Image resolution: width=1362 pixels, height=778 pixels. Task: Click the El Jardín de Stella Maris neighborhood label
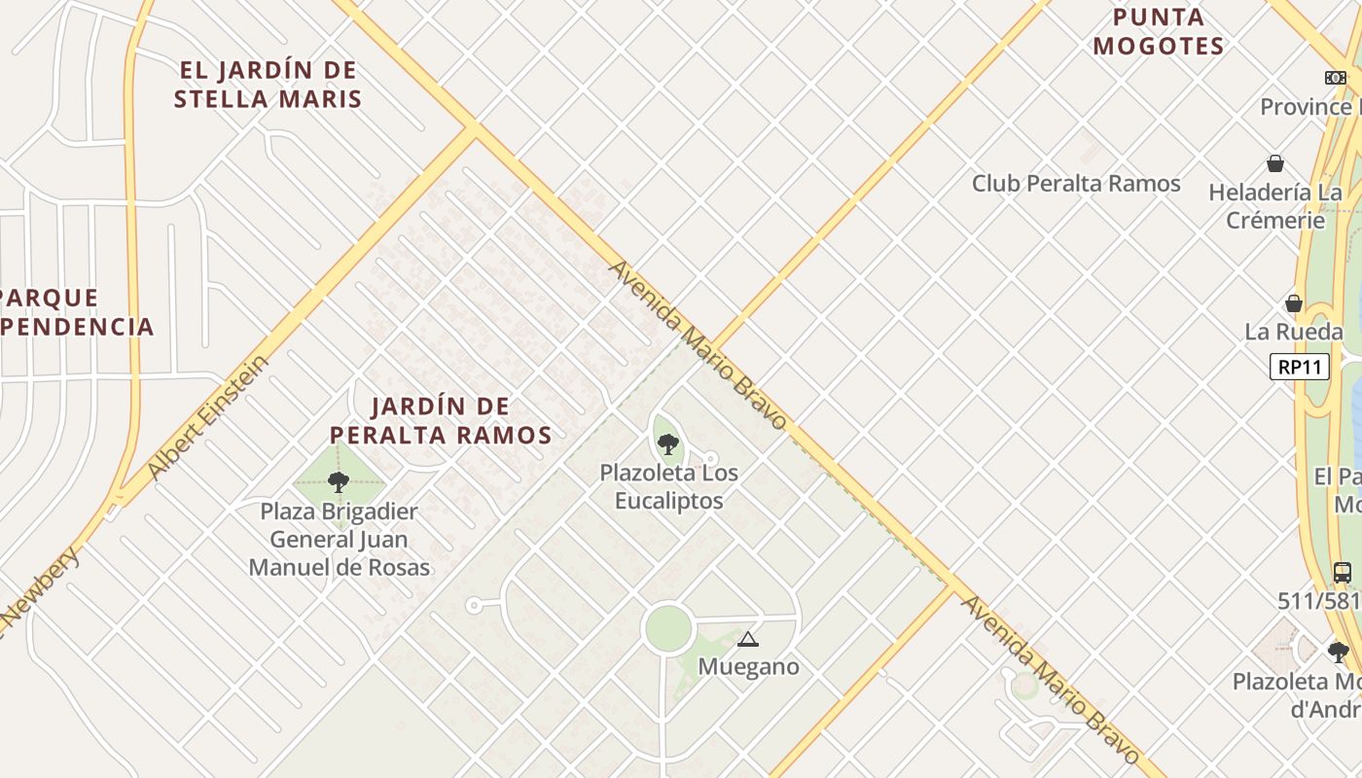(x=267, y=85)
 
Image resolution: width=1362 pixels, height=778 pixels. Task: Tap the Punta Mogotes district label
(x=1158, y=31)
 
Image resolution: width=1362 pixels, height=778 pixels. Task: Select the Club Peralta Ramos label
(x=1076, y=183)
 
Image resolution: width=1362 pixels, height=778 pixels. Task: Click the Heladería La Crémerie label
(x=1275, y=206)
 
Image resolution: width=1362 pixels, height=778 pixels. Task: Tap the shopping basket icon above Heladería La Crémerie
(x=1274, y=163)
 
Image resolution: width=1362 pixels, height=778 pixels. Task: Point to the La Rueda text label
(x=1293, y=332)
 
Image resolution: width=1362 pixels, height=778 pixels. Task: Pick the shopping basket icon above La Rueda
(x=1294, y=303)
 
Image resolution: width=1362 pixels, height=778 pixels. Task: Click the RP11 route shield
(x=1299, y=367)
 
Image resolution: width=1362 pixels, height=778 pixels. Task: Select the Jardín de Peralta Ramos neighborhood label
(x=441, y=420)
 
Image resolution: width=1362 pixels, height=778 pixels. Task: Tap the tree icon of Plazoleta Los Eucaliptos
(x=667, y=444)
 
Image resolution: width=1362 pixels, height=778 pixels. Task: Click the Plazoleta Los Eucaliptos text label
(x=668, y=487)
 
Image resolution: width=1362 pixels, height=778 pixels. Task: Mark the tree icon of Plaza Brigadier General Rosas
(x=339, y=481)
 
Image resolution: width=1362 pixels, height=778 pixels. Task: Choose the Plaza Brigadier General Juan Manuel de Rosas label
(x=340, y=539)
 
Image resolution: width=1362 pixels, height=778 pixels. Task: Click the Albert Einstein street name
(x=206, y=418)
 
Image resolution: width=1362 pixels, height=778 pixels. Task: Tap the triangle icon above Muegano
(x=747, y=639)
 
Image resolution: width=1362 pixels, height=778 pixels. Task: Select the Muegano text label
(x=748, y=666)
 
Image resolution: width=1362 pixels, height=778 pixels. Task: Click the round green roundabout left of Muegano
(x=668, y=629)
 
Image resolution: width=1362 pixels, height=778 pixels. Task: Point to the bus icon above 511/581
(x=1342, y=573)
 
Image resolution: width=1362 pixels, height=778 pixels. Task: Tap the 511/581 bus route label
(x=1319, y=601)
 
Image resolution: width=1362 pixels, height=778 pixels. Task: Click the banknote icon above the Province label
(x=1335, y=78)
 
